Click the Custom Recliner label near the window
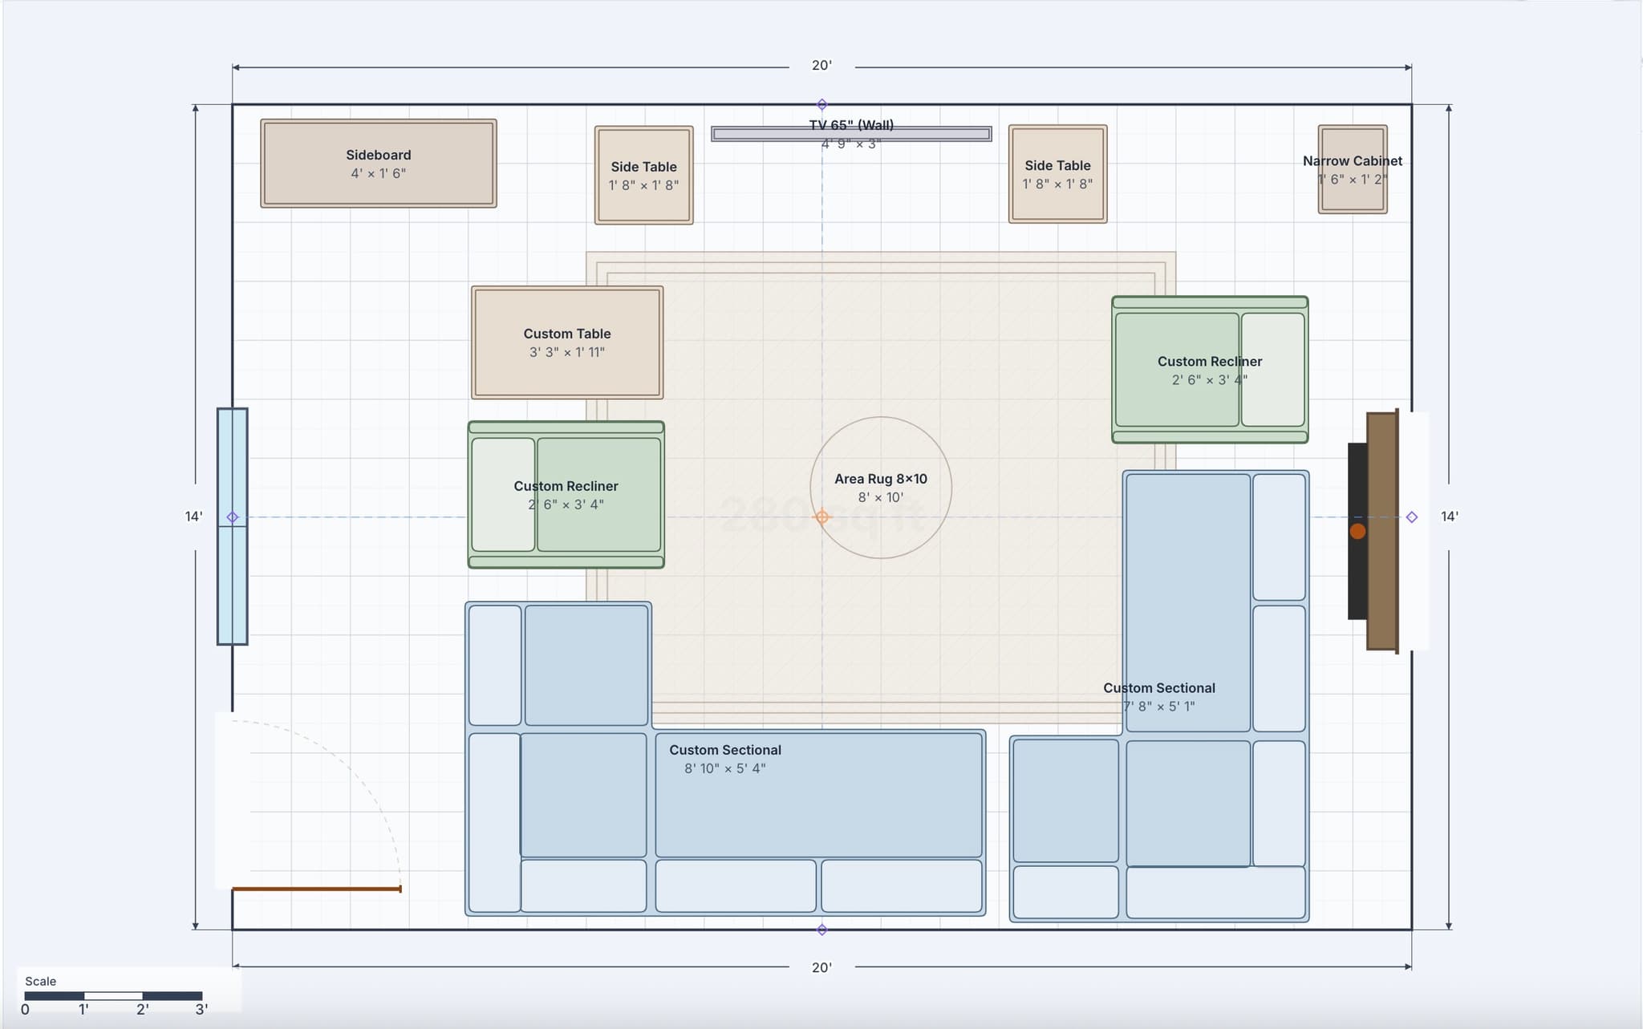point(566,486)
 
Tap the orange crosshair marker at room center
point(821,517)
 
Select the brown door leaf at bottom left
point(316,889)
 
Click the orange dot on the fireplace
point(1357,531)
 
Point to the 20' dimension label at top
point(821,66)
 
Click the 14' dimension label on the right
point(1449,517)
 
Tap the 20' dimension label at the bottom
point(821,967)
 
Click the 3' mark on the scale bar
point(201,1009)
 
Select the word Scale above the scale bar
point(40,981)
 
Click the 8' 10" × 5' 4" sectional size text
point(724,768)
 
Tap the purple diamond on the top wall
point(821,104)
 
